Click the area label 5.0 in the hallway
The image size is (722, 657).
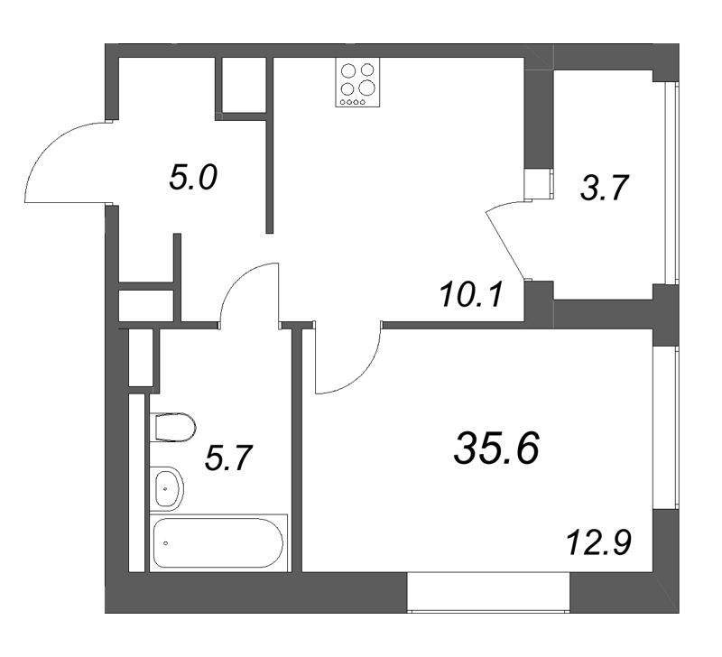193,178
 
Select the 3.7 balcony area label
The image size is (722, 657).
604,189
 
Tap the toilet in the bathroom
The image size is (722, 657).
174,427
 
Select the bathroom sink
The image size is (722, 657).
167,488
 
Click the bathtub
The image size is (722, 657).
218,541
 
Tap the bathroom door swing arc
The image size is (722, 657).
248,291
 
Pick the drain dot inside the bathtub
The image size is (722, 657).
166,543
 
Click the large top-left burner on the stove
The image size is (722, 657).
348,70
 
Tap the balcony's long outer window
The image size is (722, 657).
670,185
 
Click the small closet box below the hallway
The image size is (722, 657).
145,305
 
